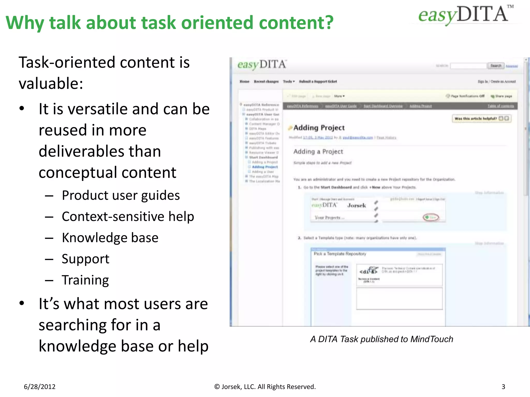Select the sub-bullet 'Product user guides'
121,195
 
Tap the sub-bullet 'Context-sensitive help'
128,217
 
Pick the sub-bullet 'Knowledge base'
110,238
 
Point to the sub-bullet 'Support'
85,259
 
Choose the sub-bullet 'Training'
85,280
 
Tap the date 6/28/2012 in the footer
40,387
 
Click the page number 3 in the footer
503,387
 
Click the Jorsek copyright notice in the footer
265,387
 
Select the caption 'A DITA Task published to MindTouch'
381,339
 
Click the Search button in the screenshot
496,66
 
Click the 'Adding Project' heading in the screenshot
319,128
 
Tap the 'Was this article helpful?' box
481,119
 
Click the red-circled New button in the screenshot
431,217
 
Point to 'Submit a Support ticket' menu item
318,81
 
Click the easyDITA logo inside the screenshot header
262,65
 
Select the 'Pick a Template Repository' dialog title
340,254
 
